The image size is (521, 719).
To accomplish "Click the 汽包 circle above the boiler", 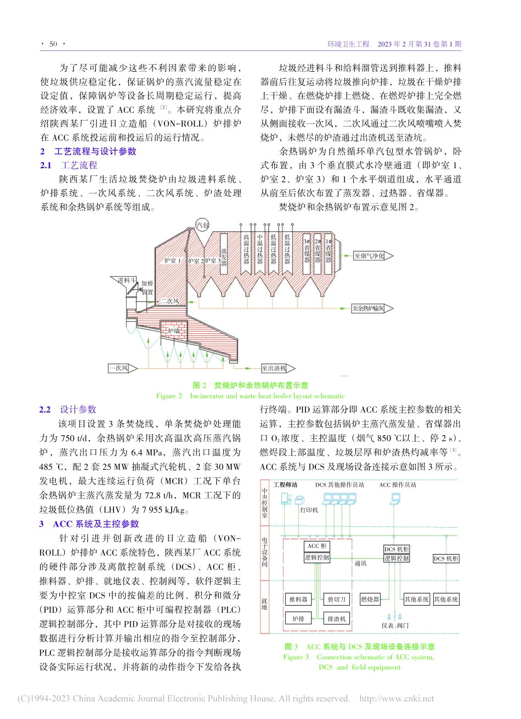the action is (202, 225).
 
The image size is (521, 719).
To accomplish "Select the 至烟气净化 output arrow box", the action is (369, 256).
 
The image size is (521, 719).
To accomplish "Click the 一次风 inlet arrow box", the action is (118, 368).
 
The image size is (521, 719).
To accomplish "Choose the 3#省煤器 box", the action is (307, 253).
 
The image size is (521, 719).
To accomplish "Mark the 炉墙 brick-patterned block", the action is (174, 330).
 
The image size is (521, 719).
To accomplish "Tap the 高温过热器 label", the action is (246, 249).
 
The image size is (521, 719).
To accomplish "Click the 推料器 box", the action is (298, 600).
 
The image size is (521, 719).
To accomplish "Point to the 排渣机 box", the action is (336, 619).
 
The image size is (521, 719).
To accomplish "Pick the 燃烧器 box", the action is (370, 600).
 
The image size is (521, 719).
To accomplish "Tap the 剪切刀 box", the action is (336, 600).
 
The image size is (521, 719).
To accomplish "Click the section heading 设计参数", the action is (78, 409).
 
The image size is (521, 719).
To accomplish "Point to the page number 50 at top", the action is (53, 44).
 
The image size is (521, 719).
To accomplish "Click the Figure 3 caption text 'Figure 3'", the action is (296, 657).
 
